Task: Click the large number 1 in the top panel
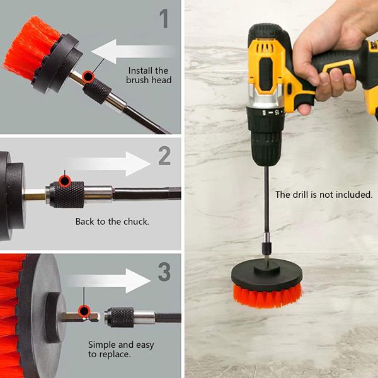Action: tap(164, 18)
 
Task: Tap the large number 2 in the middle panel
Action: tap(164, 156)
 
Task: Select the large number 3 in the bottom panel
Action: tap(164, 272)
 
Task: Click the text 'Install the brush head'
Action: tap(149, 75)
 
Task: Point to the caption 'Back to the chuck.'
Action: tap(112, 222)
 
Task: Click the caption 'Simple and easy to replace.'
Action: tap(120, 350)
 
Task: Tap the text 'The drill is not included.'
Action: tap(324, 195)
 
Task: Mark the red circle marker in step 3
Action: tap(83, 310)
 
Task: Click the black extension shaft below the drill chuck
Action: tap(267, 202)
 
